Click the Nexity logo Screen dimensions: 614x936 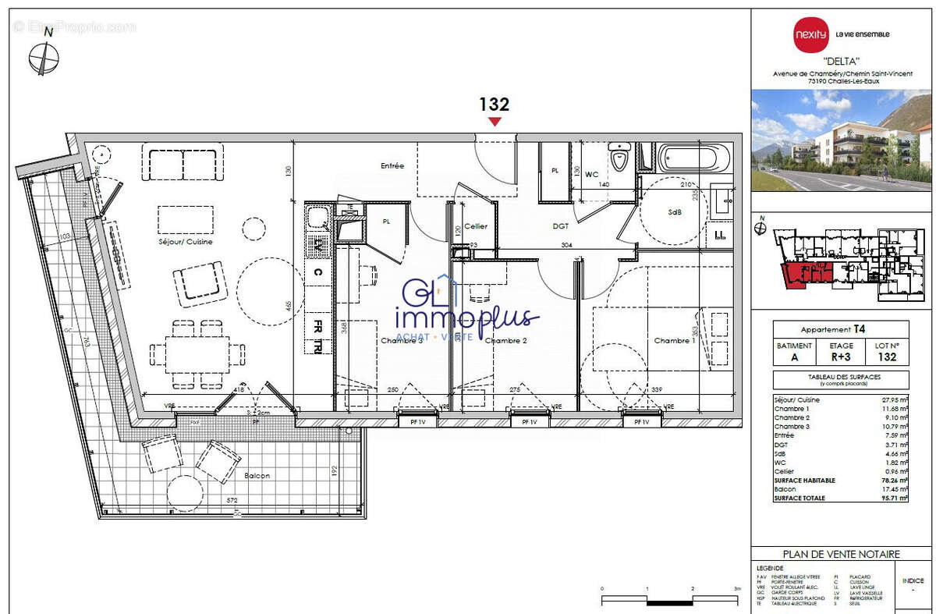click(812, 34)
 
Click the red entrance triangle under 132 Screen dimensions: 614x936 click(495, 122)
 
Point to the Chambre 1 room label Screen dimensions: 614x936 click(675, 341)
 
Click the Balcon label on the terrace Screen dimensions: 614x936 click(257, 475)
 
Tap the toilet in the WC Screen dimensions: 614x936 click(620, 158)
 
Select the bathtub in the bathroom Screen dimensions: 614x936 click(694, 159)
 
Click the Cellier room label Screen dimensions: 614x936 click(475, 226)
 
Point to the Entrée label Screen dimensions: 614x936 click(392, 166)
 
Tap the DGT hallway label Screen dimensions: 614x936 click(560, 226)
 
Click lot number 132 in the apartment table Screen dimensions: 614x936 click(886, 357)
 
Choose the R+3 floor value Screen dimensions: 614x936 click(841, 357)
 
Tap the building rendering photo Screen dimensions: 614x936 click(842, 140)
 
